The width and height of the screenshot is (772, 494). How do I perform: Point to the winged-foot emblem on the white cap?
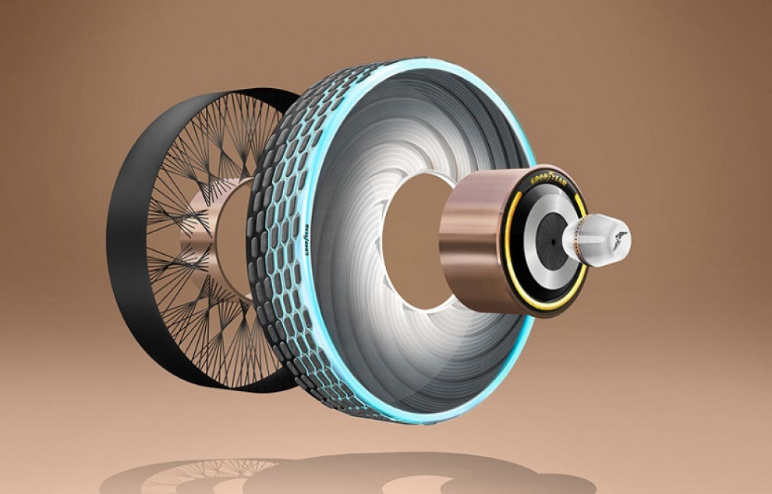coord(618,238)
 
